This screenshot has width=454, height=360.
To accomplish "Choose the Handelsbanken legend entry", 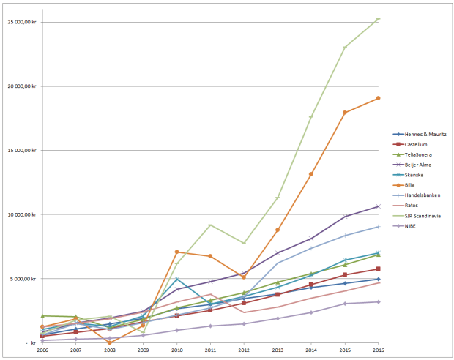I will tap(423, 195).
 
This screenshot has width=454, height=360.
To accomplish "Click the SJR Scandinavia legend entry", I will tap(424, 215).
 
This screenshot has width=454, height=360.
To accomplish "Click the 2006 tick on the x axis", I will tap(42, 350).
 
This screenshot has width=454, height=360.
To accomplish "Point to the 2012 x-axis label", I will tap(244, 350).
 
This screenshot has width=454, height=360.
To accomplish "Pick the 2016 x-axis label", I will tap(378, 350).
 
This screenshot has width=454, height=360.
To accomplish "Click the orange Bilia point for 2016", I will tap(378, 98).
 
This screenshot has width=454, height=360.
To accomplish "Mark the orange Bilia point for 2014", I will tap(311, 174).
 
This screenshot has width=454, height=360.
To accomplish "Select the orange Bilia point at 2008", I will tap(110, 342).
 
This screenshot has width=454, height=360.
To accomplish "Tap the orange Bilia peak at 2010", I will tap(176, 252).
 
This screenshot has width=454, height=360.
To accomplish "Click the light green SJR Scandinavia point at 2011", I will tap(210, 225).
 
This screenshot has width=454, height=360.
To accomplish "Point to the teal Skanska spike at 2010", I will tap(176, 280).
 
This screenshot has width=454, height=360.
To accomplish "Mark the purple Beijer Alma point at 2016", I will tap(378, 206).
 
